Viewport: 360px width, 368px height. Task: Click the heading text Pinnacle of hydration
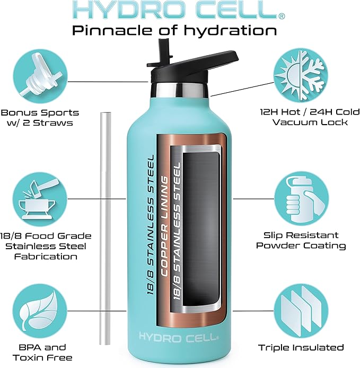(174, 30)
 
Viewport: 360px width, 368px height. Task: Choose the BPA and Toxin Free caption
(40, 352)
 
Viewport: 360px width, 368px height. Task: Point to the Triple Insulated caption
(301, 348)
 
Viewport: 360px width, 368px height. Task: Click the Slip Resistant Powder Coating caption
(301, 240)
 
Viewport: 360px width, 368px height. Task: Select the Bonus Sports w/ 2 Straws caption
(40, 118)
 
